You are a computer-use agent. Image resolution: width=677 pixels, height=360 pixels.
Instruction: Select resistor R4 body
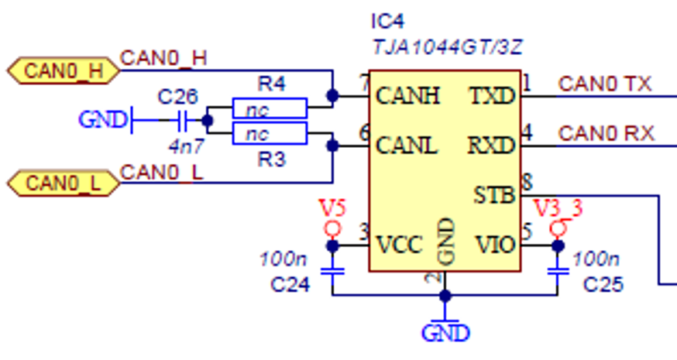tap(270, 108)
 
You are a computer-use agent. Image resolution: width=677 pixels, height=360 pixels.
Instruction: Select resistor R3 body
tap(270, 134)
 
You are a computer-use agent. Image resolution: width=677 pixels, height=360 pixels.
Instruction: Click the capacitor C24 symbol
tap(333, 272)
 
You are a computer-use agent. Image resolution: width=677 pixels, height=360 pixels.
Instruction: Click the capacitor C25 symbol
tap(556, 272)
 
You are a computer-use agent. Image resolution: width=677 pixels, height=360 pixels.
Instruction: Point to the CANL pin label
tap(407, 145)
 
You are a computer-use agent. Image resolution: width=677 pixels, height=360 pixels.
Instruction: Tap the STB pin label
tap(494, 195)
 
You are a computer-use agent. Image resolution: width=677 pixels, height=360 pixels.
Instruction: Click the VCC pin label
tap(399, 245)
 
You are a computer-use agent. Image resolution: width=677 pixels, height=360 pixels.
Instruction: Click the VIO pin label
tap(494, 245)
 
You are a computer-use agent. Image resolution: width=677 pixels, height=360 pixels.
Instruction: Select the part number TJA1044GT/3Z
tap(447, 47)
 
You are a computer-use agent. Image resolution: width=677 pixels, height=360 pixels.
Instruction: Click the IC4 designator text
tap(388, 21)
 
